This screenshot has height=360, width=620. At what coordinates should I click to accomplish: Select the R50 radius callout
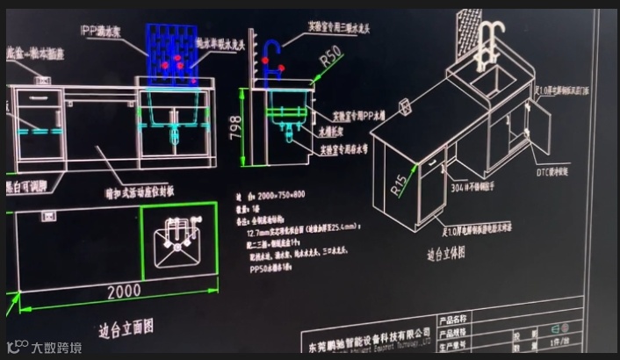pos(331,57)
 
